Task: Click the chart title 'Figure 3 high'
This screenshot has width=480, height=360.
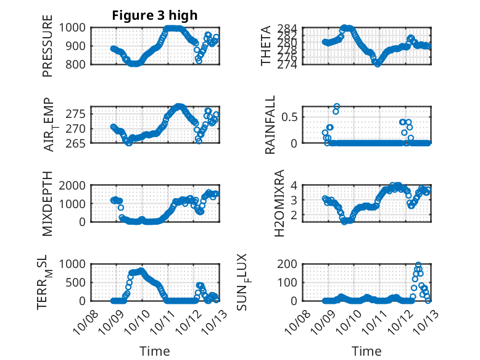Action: pos(155,15)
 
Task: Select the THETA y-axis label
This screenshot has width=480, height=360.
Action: pos(266,46)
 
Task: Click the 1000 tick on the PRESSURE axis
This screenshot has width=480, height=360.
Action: pos(75,27)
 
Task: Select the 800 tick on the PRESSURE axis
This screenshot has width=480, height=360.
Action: pos(78,64)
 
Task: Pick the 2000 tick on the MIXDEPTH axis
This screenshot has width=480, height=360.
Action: pos(75,185)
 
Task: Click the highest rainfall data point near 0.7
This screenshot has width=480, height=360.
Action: pos(337,106)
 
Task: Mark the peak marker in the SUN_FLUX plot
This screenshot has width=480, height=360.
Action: pos(418,265)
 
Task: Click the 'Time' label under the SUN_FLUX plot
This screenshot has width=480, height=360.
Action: pos(366,351)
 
